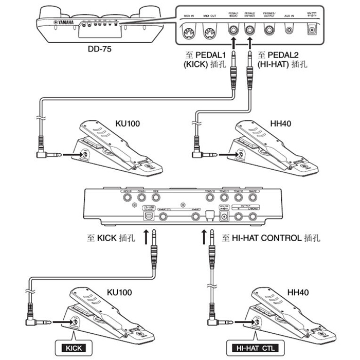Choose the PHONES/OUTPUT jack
click(269, 31)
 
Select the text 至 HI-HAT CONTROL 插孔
click(272, 238)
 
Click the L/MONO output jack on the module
click(253, 217)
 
